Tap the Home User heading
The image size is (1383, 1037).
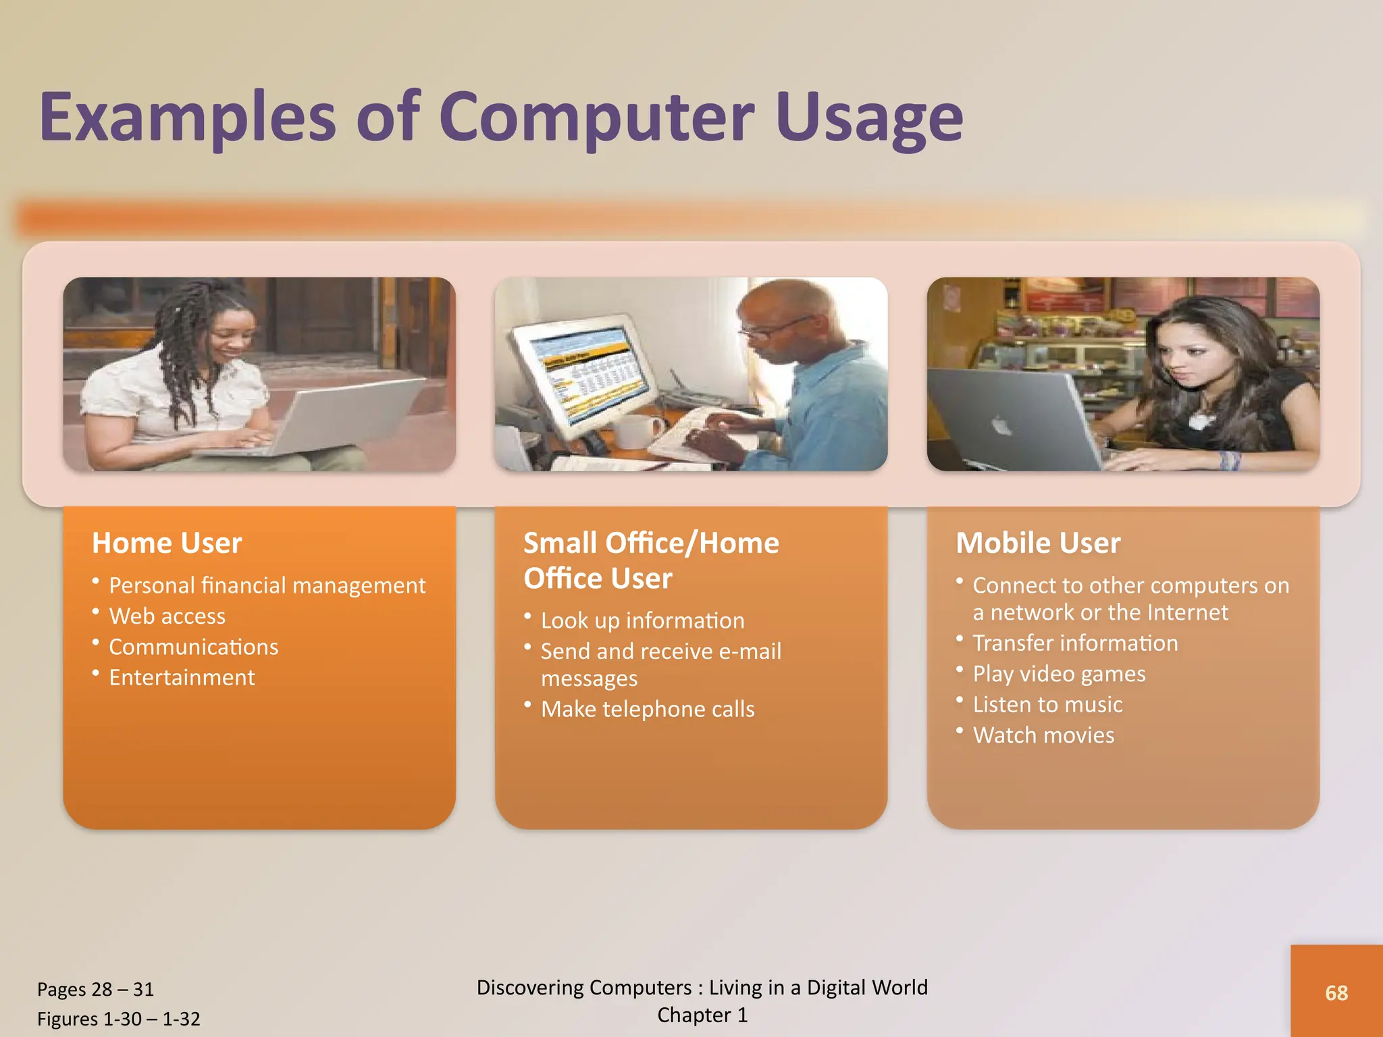click(x=167, y=543)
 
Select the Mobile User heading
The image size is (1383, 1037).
click(x=1038, y=543)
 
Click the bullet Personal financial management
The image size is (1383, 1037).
click(x=267, y=585)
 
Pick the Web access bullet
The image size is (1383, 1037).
click(x=167, y=616)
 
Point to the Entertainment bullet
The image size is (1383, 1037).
click(x=182, y=678)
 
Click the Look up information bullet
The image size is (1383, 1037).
click(x=642, y=620)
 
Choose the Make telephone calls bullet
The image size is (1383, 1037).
click(x=647, y=710)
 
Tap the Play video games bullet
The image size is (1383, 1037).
click(x=1058, y=674)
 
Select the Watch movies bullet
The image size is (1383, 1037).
click(x=1043, y=735)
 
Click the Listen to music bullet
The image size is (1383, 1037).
click(x=1047, y=705)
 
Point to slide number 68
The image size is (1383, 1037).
click(x=1336, y=993)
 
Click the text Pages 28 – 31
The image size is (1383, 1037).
click(x=95, y=990)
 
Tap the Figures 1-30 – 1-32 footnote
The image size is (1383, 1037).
click(x=118, y=1019)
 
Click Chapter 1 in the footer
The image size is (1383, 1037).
click(x=702, y=1015)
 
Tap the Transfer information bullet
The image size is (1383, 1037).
click(x=1074, y=643)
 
